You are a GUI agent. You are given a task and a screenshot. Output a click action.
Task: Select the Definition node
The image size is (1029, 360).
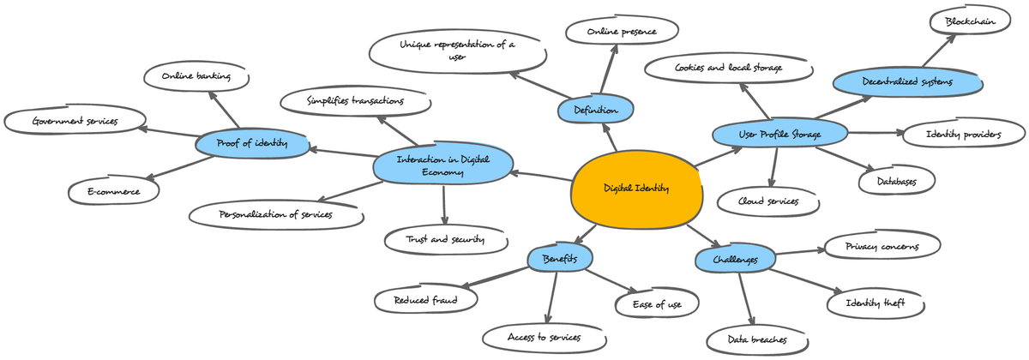595,110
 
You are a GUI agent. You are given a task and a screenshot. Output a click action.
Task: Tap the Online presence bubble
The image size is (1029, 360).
622,32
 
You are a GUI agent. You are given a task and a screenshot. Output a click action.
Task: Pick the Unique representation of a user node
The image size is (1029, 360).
457,51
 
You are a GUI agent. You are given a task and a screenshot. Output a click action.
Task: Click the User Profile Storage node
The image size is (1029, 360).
779,135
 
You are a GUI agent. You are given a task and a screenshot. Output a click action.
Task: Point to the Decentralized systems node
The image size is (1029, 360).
907,82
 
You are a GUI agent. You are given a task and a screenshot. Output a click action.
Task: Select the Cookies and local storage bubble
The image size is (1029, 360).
728,68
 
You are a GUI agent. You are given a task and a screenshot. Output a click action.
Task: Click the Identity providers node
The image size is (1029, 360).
963,134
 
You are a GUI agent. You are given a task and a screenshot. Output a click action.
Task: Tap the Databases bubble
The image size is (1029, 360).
897,182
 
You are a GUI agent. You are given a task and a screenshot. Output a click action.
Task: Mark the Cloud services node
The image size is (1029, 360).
768,201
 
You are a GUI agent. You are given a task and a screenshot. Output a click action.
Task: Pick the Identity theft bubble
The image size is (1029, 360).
876,303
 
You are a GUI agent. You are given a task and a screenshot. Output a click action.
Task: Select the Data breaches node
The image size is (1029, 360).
757,340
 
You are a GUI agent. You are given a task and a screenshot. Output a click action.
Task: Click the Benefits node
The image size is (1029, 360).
559,258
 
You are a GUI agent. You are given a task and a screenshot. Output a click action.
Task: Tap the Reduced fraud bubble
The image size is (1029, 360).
425,300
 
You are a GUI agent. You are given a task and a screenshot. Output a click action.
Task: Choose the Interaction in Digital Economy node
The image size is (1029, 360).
443,165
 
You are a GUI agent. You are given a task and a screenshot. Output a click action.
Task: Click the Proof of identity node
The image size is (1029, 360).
252,144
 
